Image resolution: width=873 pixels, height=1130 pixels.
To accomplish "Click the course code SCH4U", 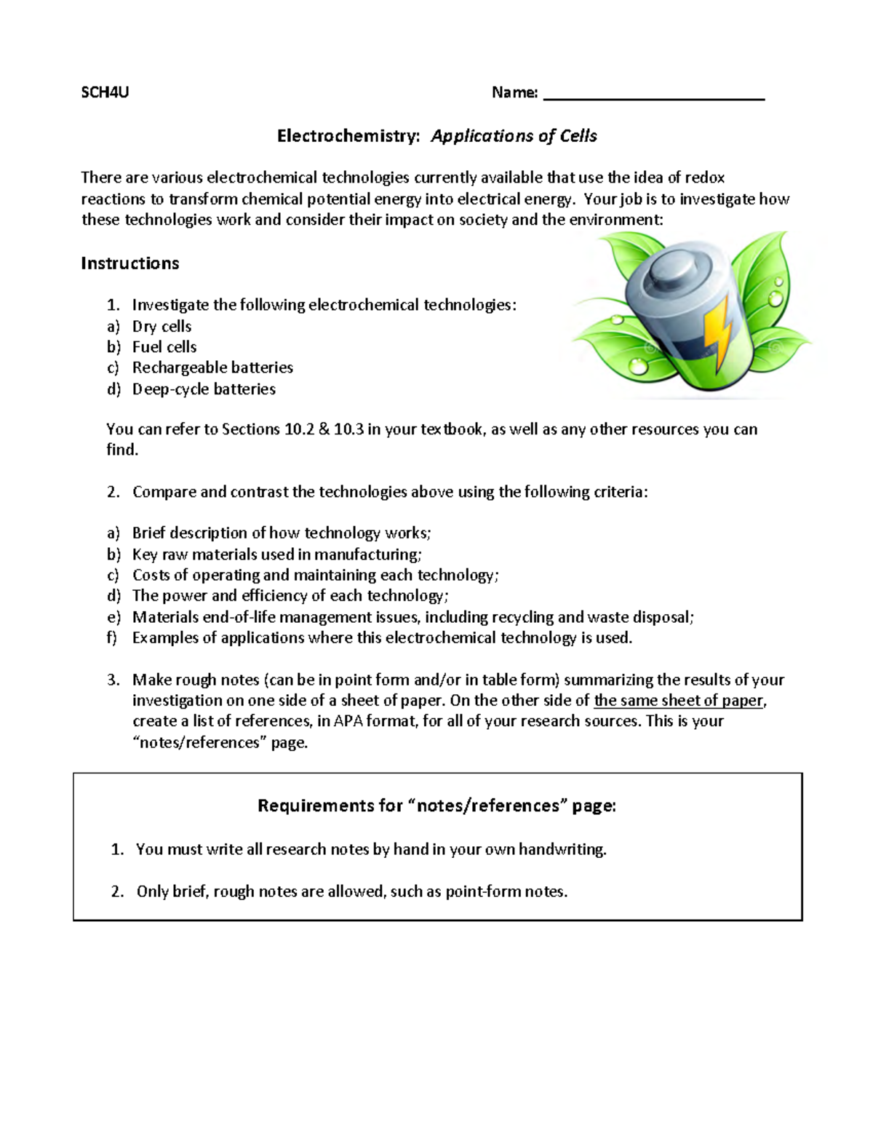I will click(x=105, y=92).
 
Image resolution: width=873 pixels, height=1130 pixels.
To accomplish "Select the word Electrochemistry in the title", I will click(x=348, y=136).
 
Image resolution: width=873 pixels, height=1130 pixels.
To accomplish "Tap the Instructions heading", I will click(x=129, y=263).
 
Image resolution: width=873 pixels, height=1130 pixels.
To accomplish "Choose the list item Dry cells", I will click(x=162, y=327).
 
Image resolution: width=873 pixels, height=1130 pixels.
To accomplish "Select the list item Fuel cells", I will click(x=164, y=347).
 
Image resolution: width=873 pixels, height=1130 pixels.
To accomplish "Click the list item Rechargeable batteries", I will click(x=212, y=367).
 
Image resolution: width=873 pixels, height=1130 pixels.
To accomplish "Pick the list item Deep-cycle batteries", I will click(x=204, y=389).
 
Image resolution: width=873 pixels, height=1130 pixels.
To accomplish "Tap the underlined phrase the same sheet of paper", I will click(x=679, y=701).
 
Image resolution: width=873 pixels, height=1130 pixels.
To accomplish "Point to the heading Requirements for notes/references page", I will click(x=436, y=805).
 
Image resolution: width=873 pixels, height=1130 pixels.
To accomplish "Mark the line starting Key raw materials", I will click(x=276, y=554).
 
